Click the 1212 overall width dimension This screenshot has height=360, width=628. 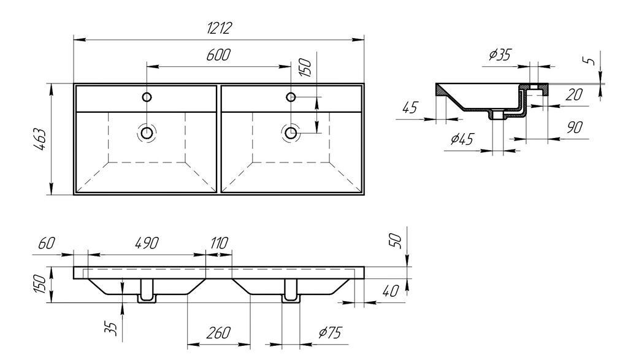pyautogui.click(x=218, y=27)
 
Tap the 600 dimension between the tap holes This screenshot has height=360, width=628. pyautogui.click(x=218, y=55)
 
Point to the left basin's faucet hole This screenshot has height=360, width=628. pyautogui.click(x=147, y=96)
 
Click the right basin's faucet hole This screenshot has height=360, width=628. pyautogui.click(x=291, y=96)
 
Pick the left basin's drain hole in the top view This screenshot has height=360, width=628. pyautogui.click(x=147, y=132)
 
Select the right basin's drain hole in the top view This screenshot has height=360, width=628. pyautogui.click(x=291, y=132)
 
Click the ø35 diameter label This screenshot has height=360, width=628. pyautogui.click(x=500, y=55)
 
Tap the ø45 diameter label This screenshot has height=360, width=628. pyautogui.click(x=462, y=140)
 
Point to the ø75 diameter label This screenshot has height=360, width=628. pyautogui.click(x=329, y=332)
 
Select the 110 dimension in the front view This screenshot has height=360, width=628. pyautogui.click(x=219, y=243)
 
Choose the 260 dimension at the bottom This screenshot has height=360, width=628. pyautogui.click(x=218, y=332)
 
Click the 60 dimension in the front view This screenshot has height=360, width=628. pyautogui.click(x=46, y=243)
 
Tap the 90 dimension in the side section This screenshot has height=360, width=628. pyautogui.click(x=574, y=128)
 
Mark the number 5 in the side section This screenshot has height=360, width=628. pyautogui.click(x=589, y=61)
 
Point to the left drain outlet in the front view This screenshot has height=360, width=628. pyautogui.click(x=147, y=294)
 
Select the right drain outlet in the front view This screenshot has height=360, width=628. pyautogui.click(x=290, y=294)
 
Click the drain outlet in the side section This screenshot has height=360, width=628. pyautogui.click(x=497, y=115)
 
